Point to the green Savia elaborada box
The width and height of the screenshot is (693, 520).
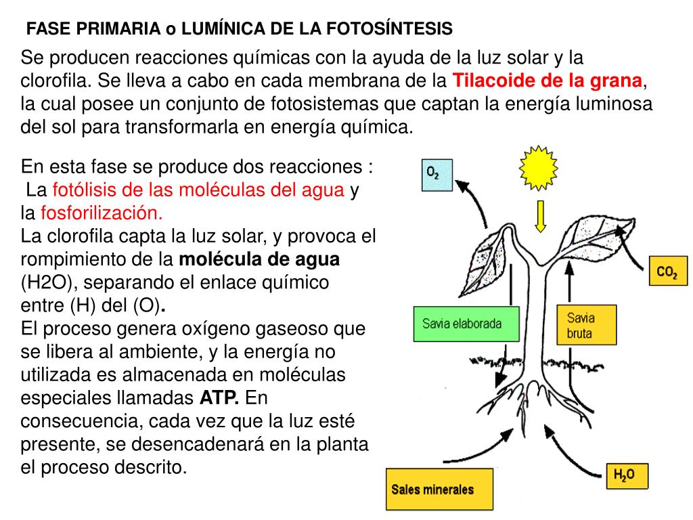(x=462, y=324)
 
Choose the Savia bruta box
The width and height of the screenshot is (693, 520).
(x=586, y=324)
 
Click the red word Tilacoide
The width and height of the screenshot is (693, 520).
(x=493, y=81)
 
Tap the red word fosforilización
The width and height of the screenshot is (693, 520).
(x=102, y=213)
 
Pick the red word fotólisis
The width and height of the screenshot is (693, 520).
(x=80, y=190)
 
